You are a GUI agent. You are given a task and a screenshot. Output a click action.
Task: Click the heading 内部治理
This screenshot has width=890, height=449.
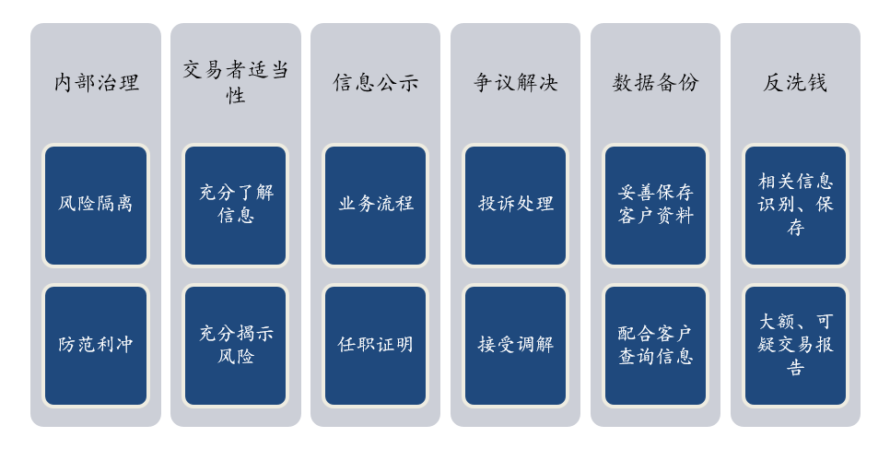(96, 83)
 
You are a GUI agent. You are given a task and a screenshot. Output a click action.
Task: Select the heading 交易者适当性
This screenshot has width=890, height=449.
(236, 82)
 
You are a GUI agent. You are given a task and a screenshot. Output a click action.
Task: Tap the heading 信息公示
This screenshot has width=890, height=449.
(375, 83)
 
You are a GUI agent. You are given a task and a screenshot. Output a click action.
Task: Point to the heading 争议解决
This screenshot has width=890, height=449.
(515, 83)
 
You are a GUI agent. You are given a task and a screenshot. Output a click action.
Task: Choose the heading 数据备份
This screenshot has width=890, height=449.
(656, 83)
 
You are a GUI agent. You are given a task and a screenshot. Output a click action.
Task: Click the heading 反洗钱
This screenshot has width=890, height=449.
(795, 83)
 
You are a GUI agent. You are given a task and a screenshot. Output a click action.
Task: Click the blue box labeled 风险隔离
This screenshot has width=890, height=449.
(96, 206)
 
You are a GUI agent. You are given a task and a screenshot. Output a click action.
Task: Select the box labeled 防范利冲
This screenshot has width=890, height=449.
(96, 346)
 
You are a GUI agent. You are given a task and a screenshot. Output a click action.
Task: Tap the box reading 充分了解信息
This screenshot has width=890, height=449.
(236, 206)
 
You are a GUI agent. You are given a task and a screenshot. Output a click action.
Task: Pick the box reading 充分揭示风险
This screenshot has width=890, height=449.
(236, 346)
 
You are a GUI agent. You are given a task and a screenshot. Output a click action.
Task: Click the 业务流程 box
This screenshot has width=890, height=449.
(375, 206)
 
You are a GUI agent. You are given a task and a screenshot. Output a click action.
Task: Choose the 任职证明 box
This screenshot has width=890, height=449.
(375, 346)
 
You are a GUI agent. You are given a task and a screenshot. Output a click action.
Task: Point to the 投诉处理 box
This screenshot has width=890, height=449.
(515, 206)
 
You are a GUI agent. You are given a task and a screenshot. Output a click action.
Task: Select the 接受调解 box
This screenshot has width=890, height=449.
(515, 346)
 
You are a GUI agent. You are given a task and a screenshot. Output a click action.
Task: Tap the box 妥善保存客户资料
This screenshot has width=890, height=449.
(656, 206)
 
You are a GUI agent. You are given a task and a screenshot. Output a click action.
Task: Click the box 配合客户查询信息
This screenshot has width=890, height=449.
(656, 346)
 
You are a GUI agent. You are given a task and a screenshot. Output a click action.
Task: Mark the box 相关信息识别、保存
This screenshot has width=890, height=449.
(795, 206)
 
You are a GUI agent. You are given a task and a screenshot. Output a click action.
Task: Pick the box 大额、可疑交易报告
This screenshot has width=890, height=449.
(795, 346)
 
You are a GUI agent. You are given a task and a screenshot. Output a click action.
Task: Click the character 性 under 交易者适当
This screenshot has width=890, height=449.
(236, 95)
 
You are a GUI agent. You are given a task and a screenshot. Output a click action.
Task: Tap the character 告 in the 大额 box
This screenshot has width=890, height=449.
(795, 367)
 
